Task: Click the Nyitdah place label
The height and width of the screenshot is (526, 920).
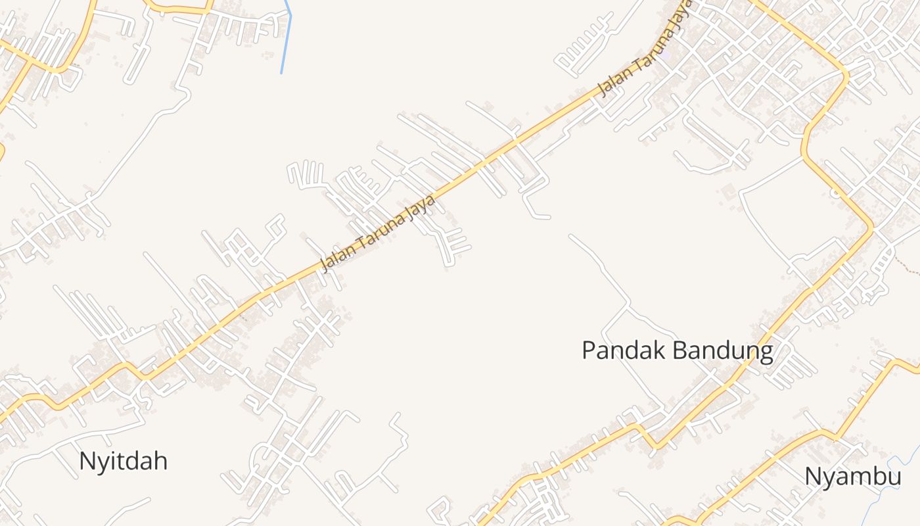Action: [x=123, y=461]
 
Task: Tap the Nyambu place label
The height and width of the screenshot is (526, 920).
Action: [x=852, y=477]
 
